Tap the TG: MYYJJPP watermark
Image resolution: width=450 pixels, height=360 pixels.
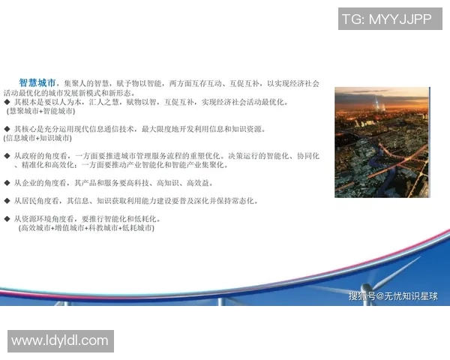tap(386, 19)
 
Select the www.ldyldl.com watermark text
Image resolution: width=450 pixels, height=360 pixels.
tap(60, 340)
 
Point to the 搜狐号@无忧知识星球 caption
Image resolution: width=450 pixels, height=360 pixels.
tap(393, 296)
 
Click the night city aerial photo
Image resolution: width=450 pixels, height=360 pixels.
tap(382, 142)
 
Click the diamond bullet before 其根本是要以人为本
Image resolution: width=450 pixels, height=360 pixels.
tap(7, 102)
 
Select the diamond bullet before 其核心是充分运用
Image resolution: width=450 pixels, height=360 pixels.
tap(7, 129)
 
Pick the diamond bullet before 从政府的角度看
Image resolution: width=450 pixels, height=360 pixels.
tap(7, 156)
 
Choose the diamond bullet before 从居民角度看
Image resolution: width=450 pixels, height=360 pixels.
tap(7, 201)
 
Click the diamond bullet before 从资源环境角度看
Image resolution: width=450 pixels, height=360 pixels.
tap(7, 219)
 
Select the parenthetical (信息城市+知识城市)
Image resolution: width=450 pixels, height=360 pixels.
tap(38, 138)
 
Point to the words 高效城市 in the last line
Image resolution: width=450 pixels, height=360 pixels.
tap(36, 228)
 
